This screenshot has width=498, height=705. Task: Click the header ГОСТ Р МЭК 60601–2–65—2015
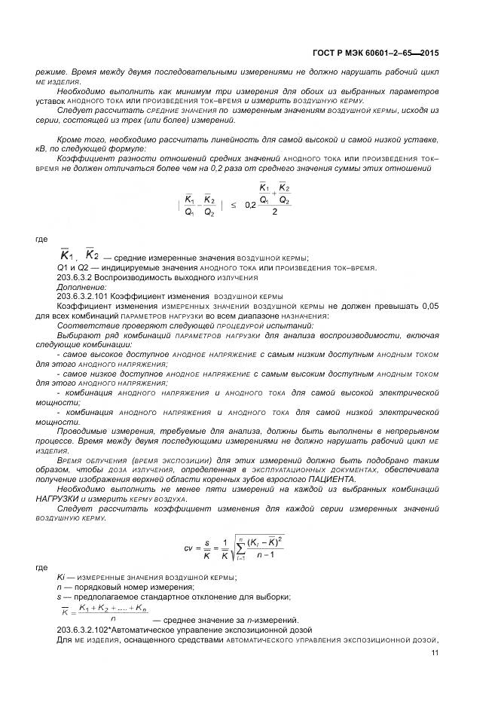(x=377, y=53)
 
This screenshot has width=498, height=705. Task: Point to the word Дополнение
(x=77, y=287)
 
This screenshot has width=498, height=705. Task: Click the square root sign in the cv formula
(x=233, y=550)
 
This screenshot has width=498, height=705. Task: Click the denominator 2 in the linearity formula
(x=275, y=212)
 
